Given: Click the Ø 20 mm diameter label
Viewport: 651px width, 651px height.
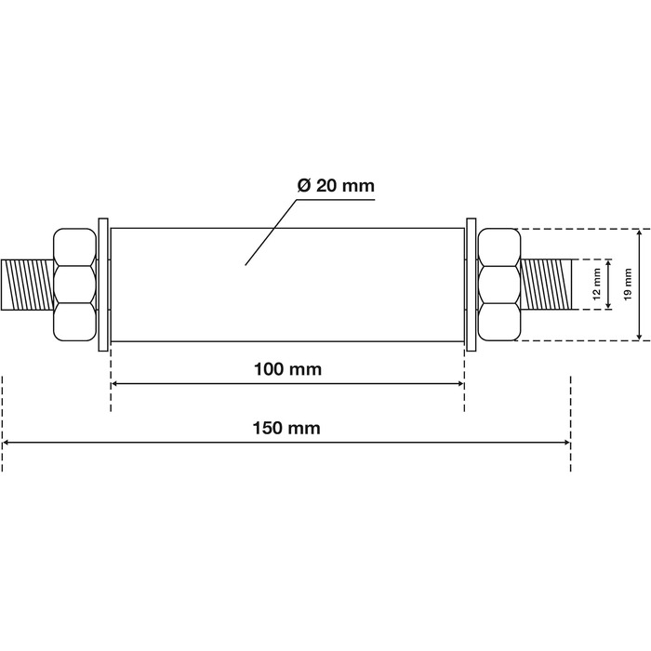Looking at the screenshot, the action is click(336, 186).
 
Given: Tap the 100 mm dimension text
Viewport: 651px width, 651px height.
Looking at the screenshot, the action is click(287, 369).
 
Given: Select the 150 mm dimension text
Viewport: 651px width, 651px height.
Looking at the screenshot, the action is click(286, 428).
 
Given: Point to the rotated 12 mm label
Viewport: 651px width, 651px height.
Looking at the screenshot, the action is click(597, 284).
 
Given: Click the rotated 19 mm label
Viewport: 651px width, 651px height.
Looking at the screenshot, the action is click(628, 284).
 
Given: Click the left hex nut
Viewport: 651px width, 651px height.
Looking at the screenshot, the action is click(74, 285).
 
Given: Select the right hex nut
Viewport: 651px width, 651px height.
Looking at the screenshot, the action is click(499, 285).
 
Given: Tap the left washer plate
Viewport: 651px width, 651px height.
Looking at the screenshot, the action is click(103, 285).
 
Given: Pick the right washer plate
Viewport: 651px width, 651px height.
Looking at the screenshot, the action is click(472, 285).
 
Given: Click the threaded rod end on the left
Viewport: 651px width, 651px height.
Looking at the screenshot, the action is click(27, 285).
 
